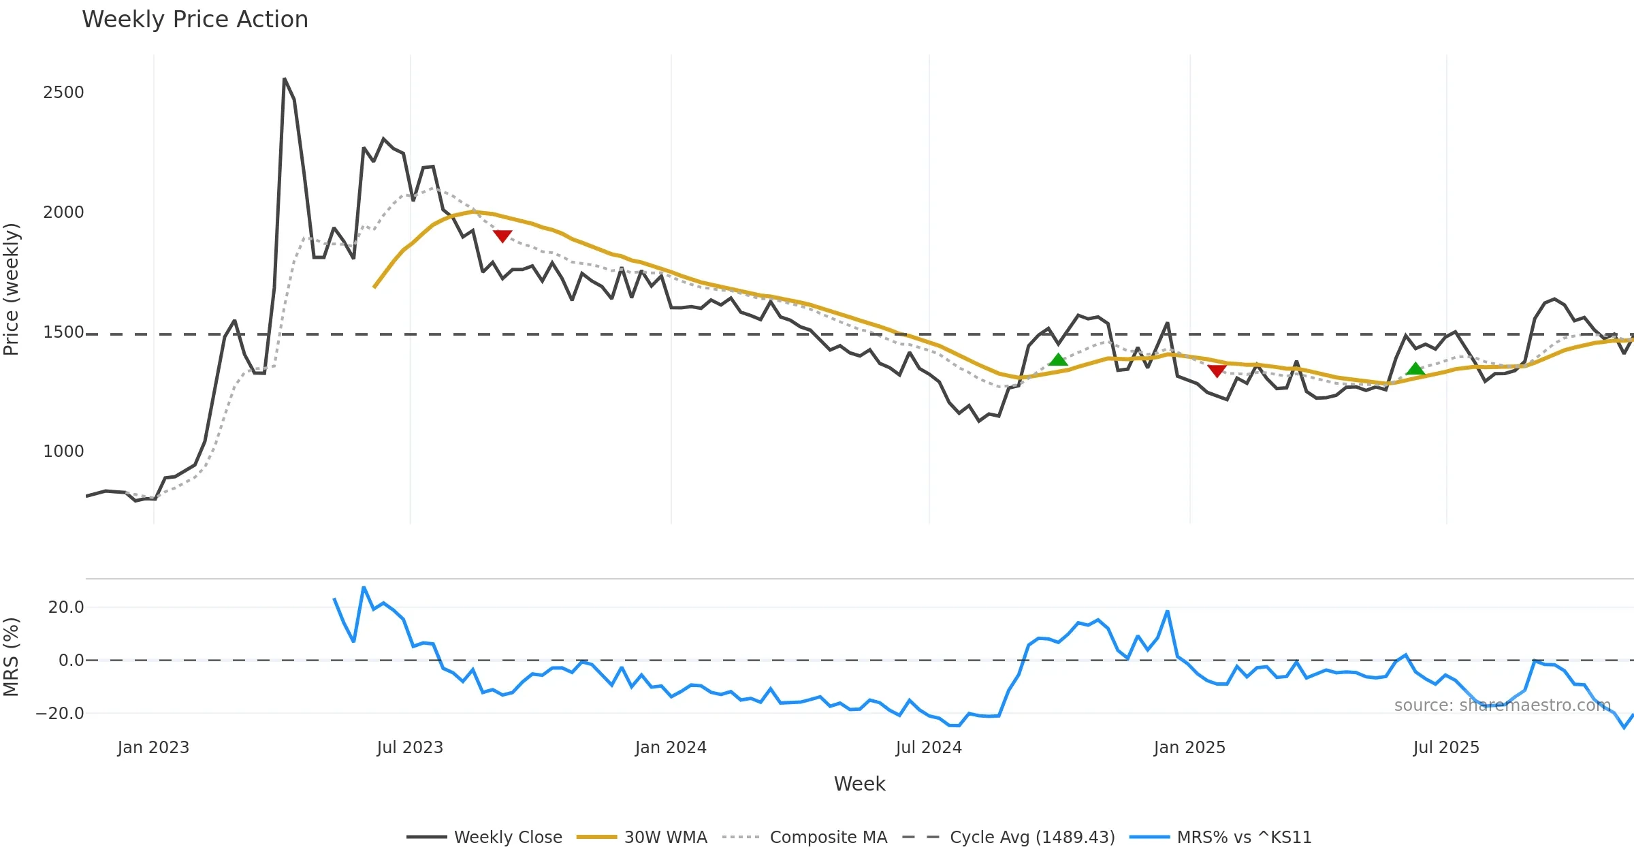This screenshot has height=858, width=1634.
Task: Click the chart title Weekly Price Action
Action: click(x=195, y=20)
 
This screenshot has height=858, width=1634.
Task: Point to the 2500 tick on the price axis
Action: click(x=63, y=93)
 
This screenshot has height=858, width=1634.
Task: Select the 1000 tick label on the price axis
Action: click(x=63, y=451)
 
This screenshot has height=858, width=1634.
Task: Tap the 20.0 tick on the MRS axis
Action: click(x=66, y=607)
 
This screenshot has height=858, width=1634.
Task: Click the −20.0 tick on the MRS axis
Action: click(x=60, y=714)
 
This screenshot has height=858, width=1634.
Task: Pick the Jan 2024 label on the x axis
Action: click(x=671, y=748)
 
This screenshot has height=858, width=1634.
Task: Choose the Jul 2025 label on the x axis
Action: click(x=1446, y=748)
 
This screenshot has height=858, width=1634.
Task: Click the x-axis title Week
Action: click(x=859, y=784)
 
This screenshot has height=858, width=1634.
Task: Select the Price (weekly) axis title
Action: click(x=12, y=289)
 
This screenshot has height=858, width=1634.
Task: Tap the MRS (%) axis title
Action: click(x=12, y=657)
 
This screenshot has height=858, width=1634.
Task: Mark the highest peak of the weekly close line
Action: click(x=285, y=79)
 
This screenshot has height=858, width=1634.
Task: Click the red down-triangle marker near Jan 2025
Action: click(x=1217, y=371)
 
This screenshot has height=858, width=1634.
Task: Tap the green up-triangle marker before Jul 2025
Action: click(x=1415, y=369)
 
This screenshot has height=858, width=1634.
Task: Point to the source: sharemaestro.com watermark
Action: click(x=1502, y=705)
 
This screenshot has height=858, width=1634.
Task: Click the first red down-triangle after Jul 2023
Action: click(x=502, y=236)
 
